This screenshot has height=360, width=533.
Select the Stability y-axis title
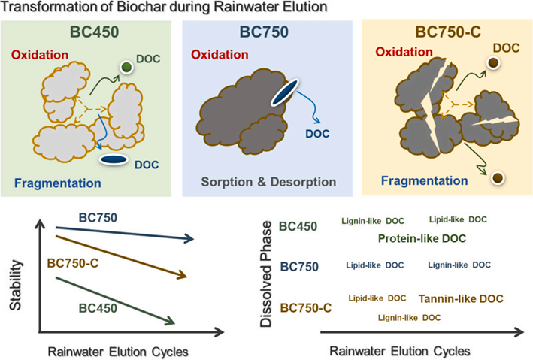pos(18,275)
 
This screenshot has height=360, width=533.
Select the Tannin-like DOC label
pos(462,298)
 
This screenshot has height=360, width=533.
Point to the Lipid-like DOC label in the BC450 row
pos(458,219)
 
